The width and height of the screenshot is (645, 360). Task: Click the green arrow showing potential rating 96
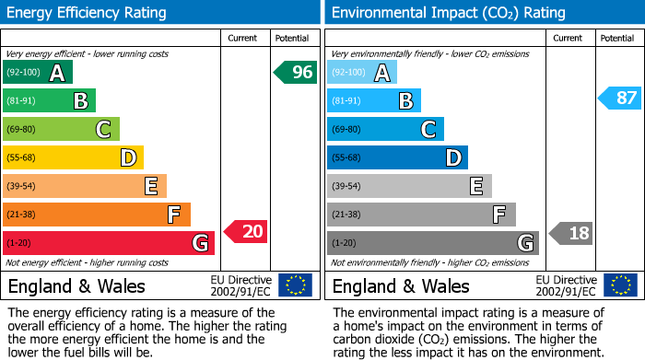pyautogui.click(x=295, y=73)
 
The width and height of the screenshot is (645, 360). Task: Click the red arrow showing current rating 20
pyautogui.click(x=246, y=232)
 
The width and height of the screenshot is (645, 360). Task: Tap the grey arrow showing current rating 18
pyautogui.click(x=570, y=233)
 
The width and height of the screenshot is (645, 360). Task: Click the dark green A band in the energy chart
pyautogui.click(x=38, y=73)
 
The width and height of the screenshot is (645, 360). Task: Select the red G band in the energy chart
pyautogui.click(x=109, y=243)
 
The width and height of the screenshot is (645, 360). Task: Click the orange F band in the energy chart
pyautogui.click(x=97, y=215)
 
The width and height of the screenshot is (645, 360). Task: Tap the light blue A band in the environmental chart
pyautogui.click(x=362, y=73)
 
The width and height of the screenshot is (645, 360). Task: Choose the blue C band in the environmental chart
pyautogui.click(x=385, y=129)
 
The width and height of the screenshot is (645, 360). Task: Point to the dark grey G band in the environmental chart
pyautogui.click(x=432, y=243)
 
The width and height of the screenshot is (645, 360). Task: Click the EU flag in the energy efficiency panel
pyautogui.click(x=295, y=285)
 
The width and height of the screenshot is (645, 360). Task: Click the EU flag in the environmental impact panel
pyautogui.click(x=619, y=285)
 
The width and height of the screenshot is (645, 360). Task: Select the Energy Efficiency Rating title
pyautogui.click(x=88, y=13)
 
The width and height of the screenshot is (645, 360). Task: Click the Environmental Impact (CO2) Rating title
pyautogui.click(x=448, y=13)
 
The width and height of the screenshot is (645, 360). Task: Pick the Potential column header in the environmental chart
pyautogui.click(x=616, y=38)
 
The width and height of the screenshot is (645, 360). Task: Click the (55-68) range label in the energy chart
pyautogui.click(x=22, y=158)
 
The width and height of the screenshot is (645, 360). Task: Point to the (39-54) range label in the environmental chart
pyautogui.click(x=348, y=187)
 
